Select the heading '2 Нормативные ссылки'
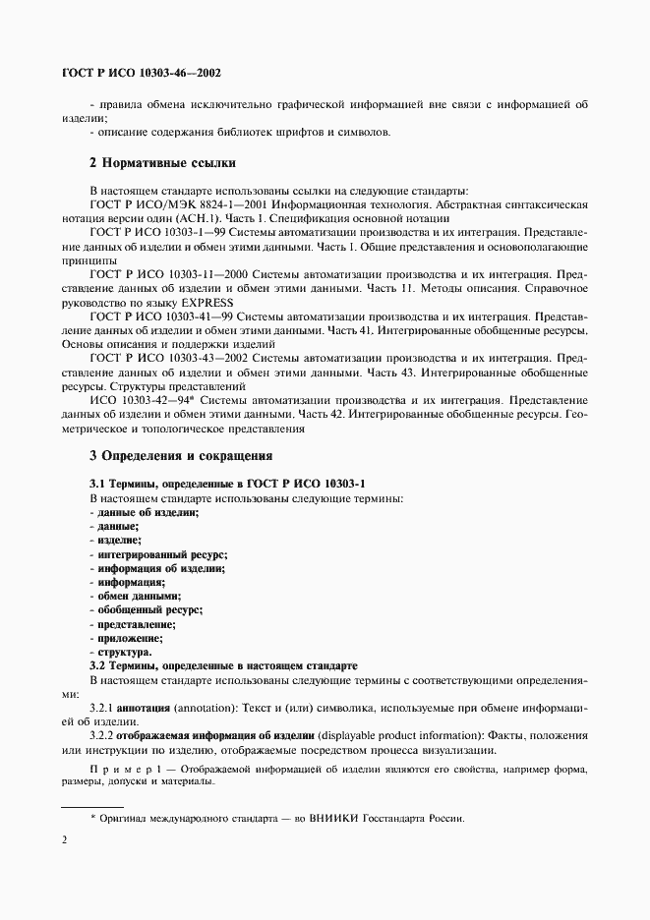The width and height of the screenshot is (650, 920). click(161, 162)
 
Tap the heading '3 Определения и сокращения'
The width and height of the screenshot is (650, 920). click(180, 456)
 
